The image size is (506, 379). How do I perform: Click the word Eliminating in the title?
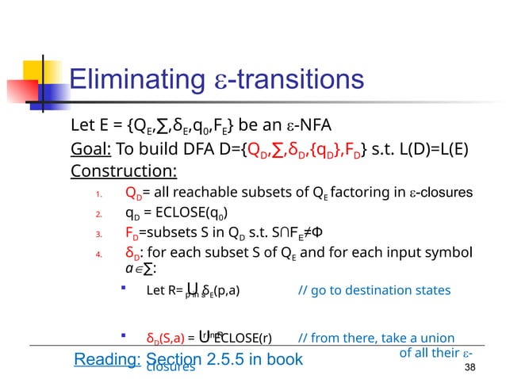(x=133, y=79)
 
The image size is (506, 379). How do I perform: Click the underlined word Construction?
(x=124, y=170)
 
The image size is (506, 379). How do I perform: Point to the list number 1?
(x=97, y=194)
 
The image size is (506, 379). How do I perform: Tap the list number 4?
(x=97, y=255)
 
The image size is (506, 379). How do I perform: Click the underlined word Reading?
(x=106, y=359)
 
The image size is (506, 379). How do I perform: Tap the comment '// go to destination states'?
(x=374, y=290)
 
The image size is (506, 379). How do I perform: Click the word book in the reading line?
(x=285, y=359)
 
